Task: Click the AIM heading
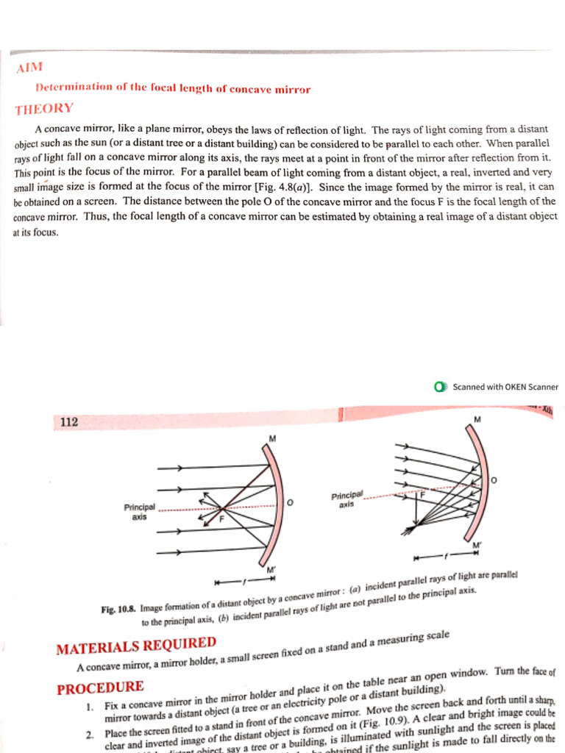click(x=28, y=68)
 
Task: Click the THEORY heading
click(x=44, y=109)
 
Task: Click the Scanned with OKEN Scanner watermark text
click(x=505, y=387)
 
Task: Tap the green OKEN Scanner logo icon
click(x=440, y=387)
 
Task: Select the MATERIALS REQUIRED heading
click(x=136, y=646)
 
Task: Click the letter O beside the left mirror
click(x=290, y=502)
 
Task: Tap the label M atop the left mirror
click(x=271, y=438)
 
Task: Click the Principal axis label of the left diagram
click(x=139, y=512)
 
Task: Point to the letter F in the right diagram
click(x=422, y=496)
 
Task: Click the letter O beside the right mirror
click(x=493, y=479)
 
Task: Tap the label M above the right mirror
click(x=477, y=419)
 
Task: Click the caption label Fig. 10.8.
click(x=119, y=609)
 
